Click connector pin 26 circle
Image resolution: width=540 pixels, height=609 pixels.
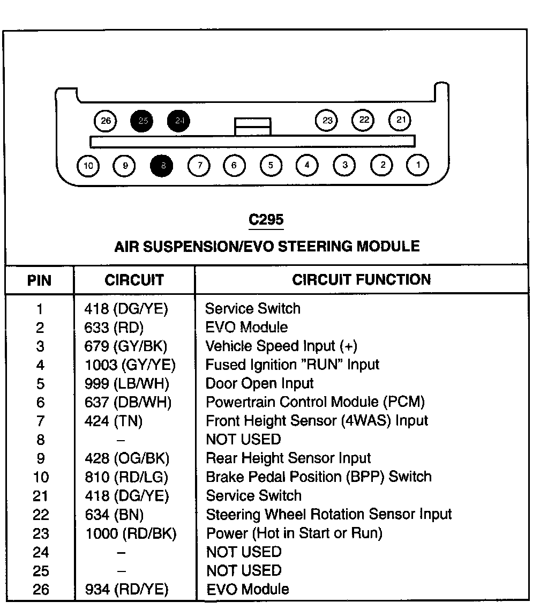(x=106, y=121)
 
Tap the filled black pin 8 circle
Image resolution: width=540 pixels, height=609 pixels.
(x=163, y=166)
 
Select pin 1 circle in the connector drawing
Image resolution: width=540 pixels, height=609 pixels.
(x=418, y=165)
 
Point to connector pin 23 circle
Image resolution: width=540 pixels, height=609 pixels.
(x=327, y=121)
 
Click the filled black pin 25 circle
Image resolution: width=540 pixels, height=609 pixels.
(x=142, y=121)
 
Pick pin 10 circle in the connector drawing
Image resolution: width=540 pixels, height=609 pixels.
(x=88, y=166)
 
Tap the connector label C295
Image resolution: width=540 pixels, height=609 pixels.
(x=266, y=220)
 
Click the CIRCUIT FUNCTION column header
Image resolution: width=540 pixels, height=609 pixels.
(x=361, y=279)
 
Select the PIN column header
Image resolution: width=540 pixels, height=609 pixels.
(x=40, y=280)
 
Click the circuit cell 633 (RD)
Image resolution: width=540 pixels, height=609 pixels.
(x=114, y=328)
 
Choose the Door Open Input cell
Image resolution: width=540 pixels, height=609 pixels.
(x=260, y=384)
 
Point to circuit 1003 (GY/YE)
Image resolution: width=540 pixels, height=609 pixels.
(x=130, y=365)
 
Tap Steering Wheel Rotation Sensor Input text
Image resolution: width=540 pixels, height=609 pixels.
(x=329, y=515)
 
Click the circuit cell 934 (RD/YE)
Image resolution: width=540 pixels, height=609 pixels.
(x=126, y=590)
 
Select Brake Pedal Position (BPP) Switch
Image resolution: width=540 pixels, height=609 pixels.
(x=319, y=477)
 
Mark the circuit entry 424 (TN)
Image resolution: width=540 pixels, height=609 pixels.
(x=114, y=421)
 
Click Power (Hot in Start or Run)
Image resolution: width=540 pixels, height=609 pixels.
(x=294, y=533)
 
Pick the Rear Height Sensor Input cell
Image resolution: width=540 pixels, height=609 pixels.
(x=288, y=458)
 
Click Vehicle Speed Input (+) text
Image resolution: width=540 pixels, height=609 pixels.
(x=281, y=346)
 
